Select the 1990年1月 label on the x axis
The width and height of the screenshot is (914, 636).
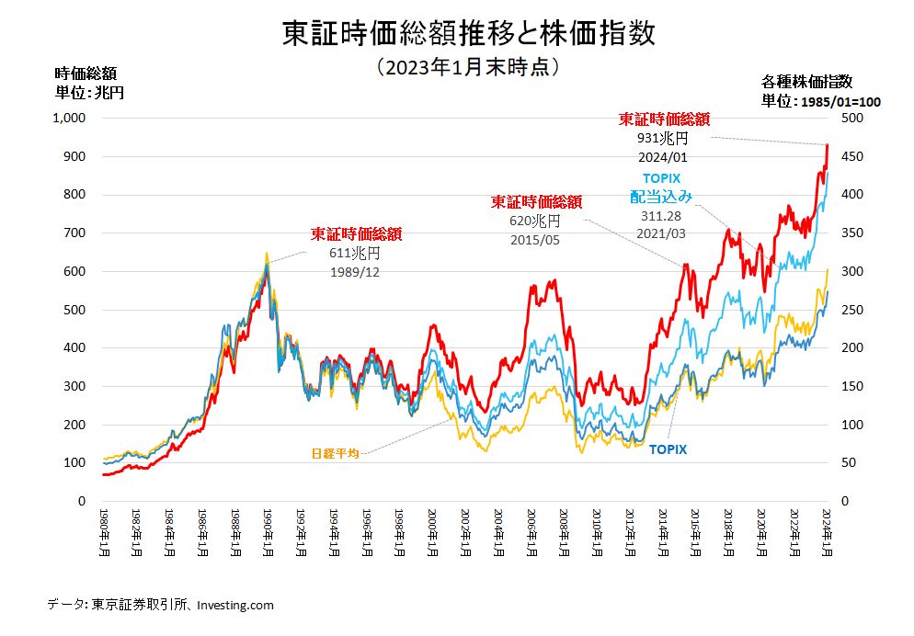[x=266, y=530]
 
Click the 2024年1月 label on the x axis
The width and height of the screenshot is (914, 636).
[x=827, y=530]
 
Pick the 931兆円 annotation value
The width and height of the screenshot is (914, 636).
[x=663, y=139]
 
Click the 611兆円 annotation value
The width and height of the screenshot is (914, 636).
[x=354, y=253]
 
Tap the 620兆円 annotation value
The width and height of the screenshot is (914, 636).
[x=534, y=221]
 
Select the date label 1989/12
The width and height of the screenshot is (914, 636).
[x=355, y=272]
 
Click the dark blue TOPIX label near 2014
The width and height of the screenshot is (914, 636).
[x=668, y=449]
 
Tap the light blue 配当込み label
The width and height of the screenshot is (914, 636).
[x=661, y=196]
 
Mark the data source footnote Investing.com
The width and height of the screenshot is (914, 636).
[x=234, y=605]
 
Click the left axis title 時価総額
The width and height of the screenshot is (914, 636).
[x=86, y=74]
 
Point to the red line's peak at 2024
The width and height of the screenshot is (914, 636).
[x=828, y=145]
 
